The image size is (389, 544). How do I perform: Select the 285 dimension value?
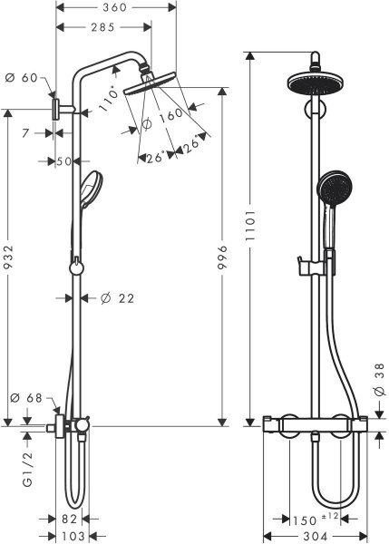(101, 28)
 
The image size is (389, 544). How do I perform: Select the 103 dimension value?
(73, 536)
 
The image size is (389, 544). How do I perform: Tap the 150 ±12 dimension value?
(311, 519)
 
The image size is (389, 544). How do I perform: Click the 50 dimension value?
(63, 161)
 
